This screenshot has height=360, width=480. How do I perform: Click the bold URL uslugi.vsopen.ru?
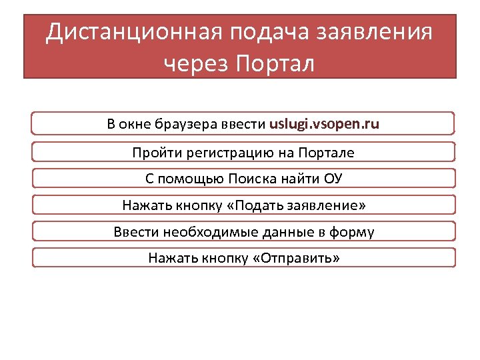coord(324,124)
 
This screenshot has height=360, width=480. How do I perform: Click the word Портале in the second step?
coord(329,153)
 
